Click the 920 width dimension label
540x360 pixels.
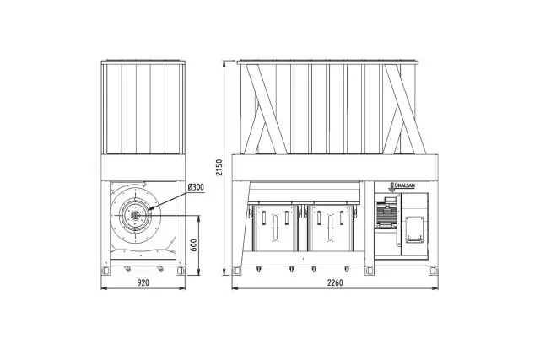[x=143, y=282]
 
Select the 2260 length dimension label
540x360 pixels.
[x=335, y=282]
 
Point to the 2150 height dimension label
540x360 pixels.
[x=219, y=167]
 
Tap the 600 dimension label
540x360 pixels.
[x=194, y=244]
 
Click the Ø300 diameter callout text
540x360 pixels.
[x=196, y=187]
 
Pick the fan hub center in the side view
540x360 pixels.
[x=135, y=216]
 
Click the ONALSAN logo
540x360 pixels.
[x=402, y=186]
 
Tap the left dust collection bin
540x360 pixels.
[x=275, y=228]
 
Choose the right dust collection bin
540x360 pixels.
[x=331, y=228]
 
